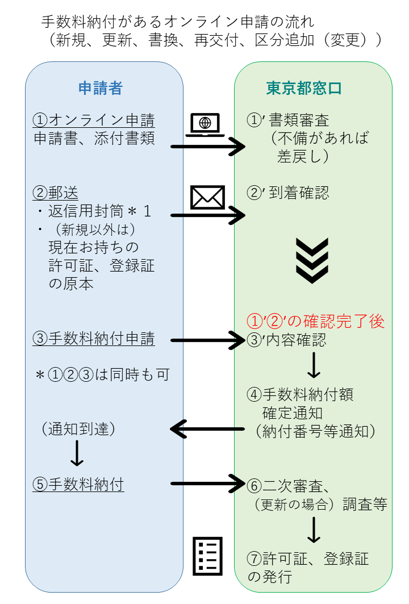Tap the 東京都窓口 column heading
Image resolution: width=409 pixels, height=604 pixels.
[x=304, y=88]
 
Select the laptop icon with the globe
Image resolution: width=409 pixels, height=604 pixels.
[x=206, y=124]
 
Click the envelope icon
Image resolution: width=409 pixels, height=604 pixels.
[x=207, y=197]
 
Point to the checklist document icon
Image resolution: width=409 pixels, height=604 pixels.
[x=208, y=555]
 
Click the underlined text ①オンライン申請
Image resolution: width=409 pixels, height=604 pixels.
[x=94, y=120]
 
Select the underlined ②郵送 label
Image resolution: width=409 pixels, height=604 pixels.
[x=56, y=193]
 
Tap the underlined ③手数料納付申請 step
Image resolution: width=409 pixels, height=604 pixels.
[x=94, y=339]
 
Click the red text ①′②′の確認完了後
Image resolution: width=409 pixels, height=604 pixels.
[x=315, y=322]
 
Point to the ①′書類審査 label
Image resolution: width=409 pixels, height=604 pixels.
[x=288, y=120]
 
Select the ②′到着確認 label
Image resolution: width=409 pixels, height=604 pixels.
[x=288, y=193]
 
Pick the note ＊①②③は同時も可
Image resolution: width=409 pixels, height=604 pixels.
[x=102, y=375]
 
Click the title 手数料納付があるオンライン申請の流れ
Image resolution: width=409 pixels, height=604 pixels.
[x=178, y=22]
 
